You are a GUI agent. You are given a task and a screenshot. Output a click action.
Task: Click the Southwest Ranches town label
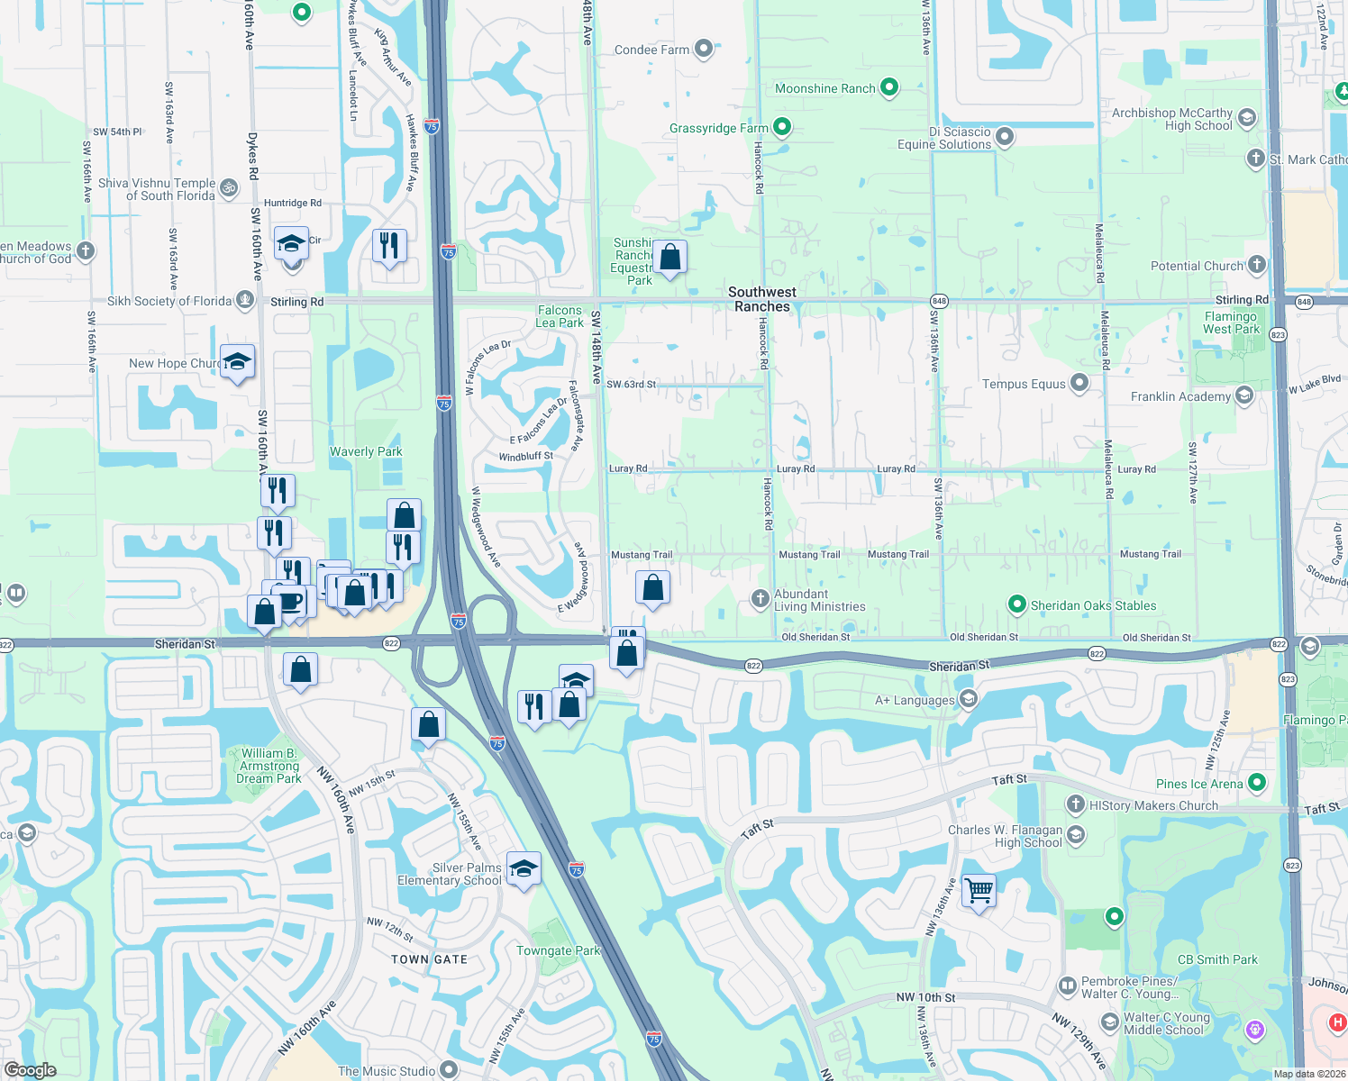click(762, 299)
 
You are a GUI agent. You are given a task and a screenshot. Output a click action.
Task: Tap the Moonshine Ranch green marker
click(889, 87)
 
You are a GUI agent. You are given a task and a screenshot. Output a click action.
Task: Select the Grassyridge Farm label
click(718, 128)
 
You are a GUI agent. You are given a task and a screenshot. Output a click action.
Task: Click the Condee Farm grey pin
click(704, 49)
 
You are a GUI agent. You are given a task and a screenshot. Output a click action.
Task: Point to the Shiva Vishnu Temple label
click(158, 189)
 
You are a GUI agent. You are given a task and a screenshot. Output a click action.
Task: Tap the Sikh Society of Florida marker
click(245, 300)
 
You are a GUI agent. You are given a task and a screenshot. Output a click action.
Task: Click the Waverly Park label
click(366, 451)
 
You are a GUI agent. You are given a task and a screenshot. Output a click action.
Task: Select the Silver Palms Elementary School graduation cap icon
click(524, 869)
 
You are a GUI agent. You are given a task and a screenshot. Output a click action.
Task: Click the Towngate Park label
click(558, 950)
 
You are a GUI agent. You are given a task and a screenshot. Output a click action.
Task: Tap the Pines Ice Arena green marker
click(1258, 783)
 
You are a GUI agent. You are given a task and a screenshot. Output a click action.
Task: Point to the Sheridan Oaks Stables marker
click(1017, 604)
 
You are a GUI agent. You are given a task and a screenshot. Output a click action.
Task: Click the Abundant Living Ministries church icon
click(761, 598)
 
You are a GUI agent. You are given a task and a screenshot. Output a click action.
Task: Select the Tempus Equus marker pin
click(1079, 383)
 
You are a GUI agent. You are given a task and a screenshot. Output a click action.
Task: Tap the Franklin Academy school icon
click(1244, 395)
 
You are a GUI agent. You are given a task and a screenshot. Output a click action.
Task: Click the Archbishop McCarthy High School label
click(1171, 119)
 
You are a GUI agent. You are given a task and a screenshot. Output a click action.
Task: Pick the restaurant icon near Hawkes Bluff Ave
click(389, 245)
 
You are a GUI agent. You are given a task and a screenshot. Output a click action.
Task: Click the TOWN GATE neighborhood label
click(429, 959)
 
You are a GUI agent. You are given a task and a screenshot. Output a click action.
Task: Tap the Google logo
click(31, 1070)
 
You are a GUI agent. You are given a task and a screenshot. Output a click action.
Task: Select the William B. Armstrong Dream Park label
click(269, 766)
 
